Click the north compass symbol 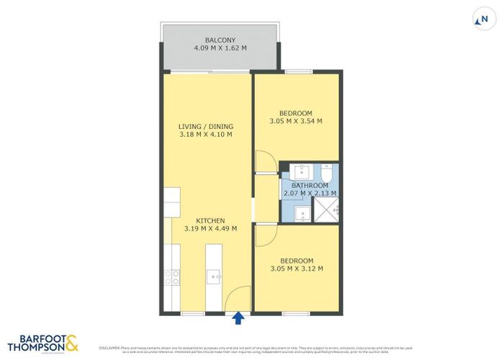coord(474,21)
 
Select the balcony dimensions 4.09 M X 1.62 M coord(220,48)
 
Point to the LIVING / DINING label coord(206,126)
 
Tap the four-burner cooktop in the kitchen coord(172,276)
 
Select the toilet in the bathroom coord(326,173)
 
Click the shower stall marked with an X coord(327,211)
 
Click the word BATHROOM coord(309,185)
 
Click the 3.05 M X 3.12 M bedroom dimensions coord(296,269)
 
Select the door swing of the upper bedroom coord(264,162)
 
